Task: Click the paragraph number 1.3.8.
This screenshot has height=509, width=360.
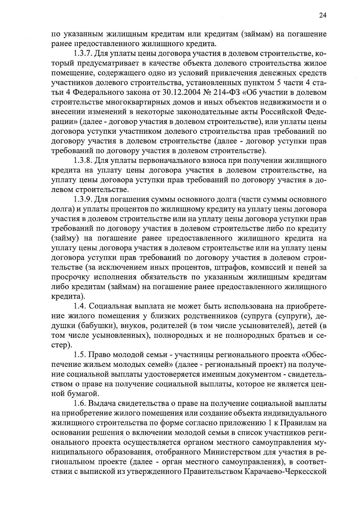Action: click(x=83, y=160)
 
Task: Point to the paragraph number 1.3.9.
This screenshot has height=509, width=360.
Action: click(x=83, y=199)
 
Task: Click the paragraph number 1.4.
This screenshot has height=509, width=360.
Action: click(x=80, y=307)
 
